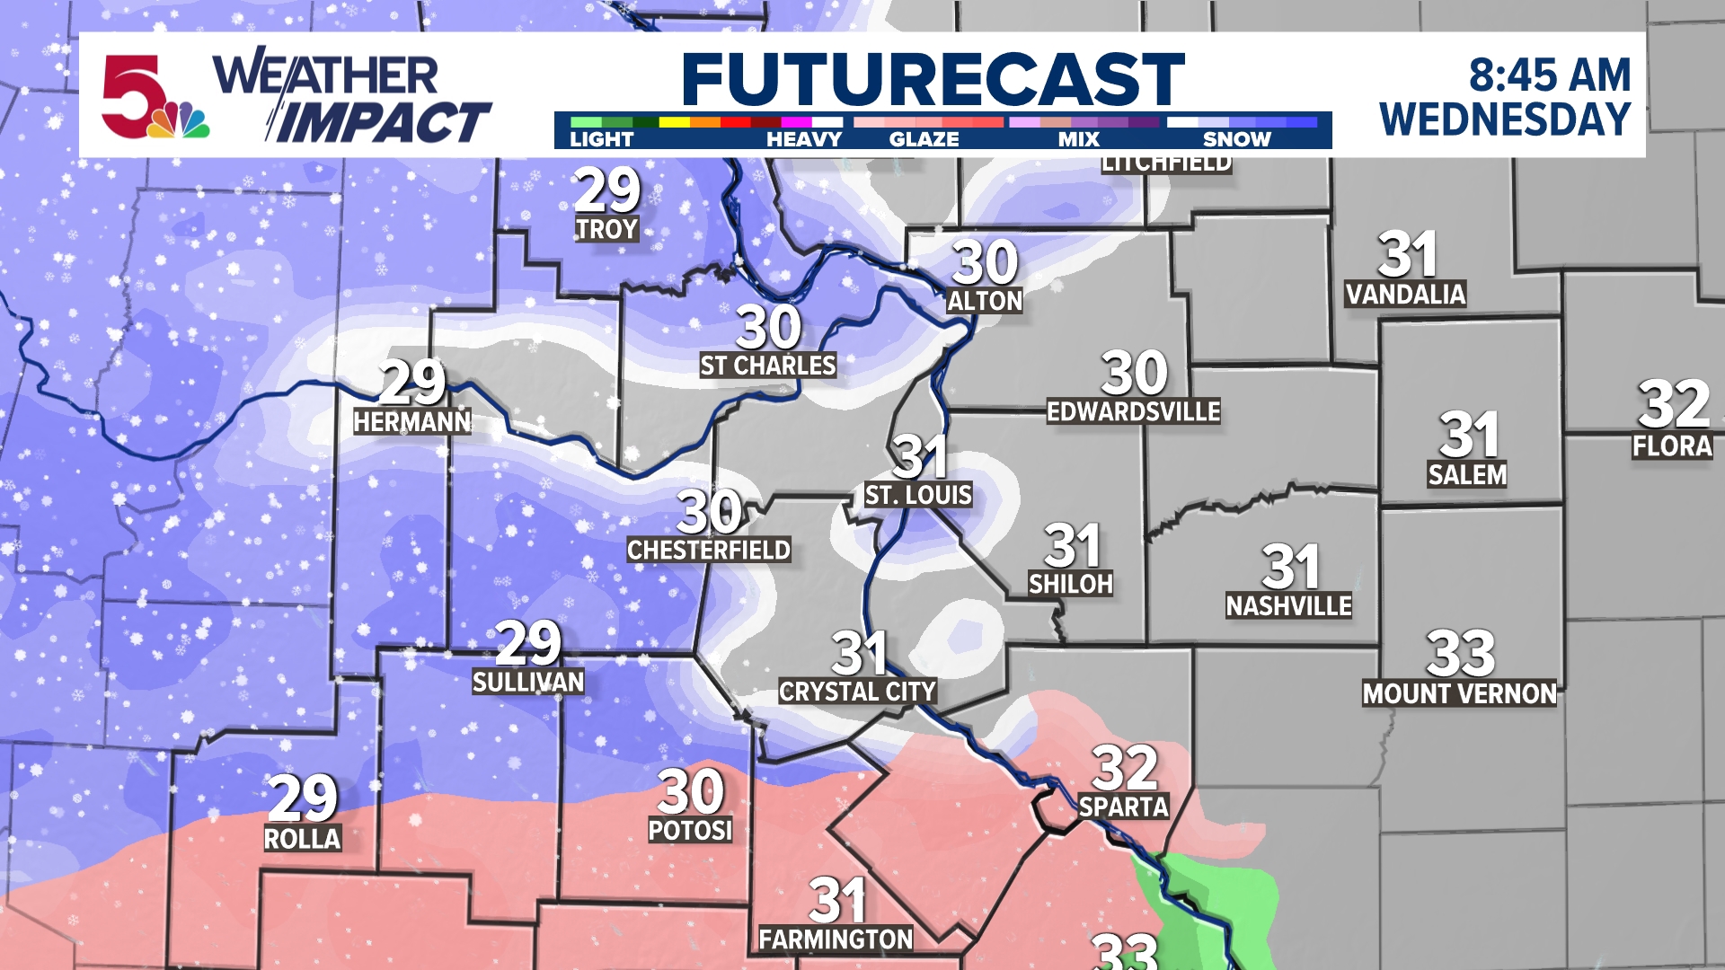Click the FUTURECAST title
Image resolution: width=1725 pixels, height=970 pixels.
pyautogui.click(x=933, y=79)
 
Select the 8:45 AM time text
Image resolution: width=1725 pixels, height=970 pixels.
pyautogui.click(x=1549, y=75)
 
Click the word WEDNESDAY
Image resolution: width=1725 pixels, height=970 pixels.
pyautogui.click(x=1505, y=120)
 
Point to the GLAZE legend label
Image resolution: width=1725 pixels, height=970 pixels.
pyautogui.click(x=924, y=139)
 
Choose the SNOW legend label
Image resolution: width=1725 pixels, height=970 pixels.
pyautogui.click(x=1236, y=139)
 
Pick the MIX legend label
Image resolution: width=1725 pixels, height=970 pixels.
pyautogui.click(x=1078, y=139)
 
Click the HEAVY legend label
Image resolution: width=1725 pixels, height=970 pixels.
pyautogui.click(x=803, y=139)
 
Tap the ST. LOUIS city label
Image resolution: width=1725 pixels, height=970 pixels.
pyautogui.click(x=918, y=495)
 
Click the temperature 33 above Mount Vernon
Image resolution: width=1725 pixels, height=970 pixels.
pyautogui.click(x=1460, y=654)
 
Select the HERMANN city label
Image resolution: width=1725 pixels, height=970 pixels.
pyautogui.click(x=411, y=422)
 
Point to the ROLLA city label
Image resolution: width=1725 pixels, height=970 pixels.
pyautogui.click(x=302, y=839)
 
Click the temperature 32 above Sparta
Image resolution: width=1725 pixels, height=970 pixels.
pyautogui.click(x=1125, y=768)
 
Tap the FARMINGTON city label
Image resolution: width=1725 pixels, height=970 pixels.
pyautogui.click(x=836, y=939)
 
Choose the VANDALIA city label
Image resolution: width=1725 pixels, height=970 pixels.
pyautogui.click(x=1406, y=295)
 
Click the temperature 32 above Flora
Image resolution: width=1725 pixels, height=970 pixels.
pyautogui.click(x=1673, y=404)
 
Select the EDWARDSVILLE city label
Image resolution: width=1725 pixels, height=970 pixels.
pyautogui.click(x=1134, y=411)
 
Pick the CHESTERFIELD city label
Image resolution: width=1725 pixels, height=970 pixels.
pyautogui.click(x=709, y=550)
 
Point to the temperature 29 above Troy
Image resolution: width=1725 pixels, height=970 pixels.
pyautogui.click(x=607, y=190)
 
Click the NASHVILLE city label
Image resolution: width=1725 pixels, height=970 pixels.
pyautogui.click(x=1288, y=606)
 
